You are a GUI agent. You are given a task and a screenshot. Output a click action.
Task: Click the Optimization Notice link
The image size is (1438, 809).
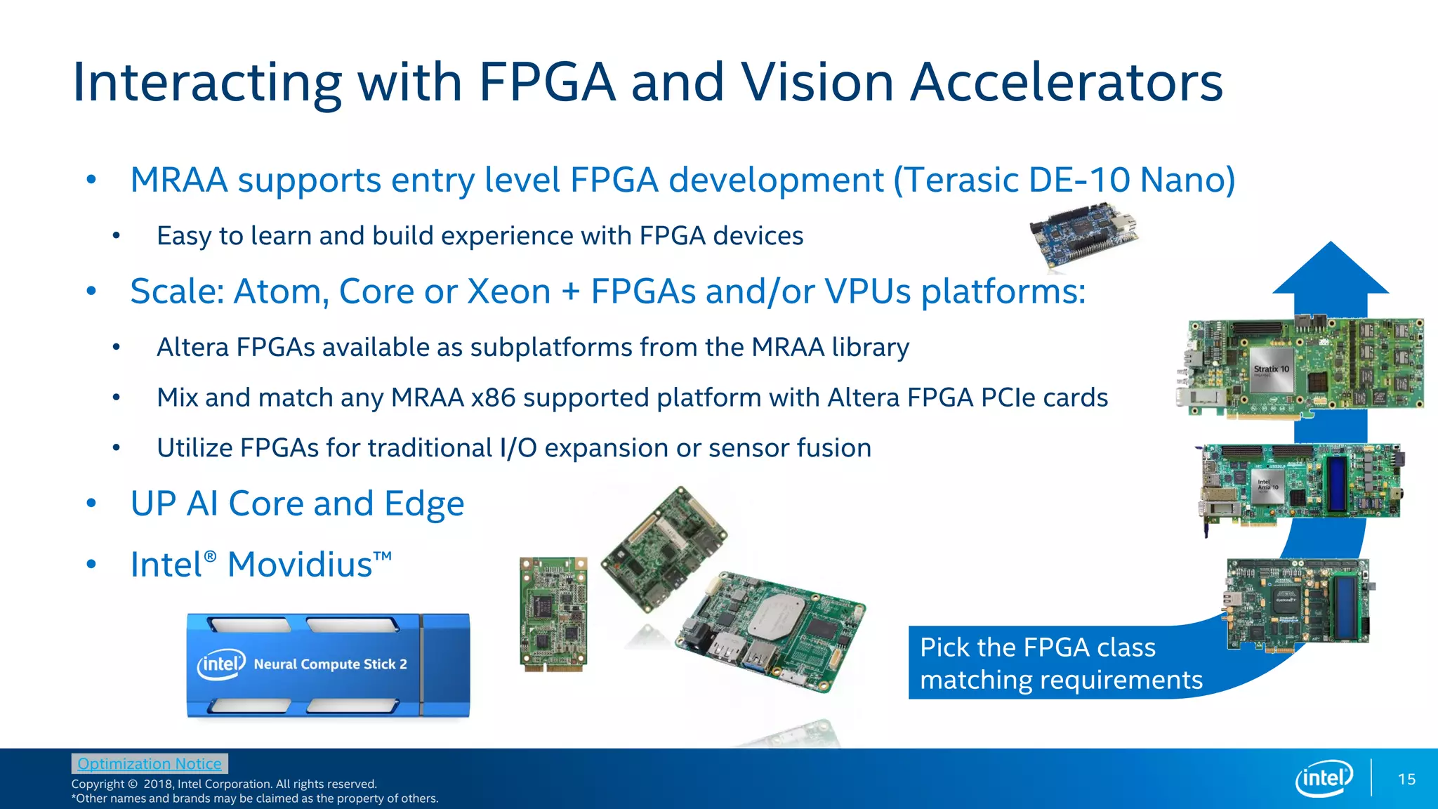tap(149, 763)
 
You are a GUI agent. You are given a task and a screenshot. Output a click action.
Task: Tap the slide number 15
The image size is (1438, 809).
tap(1406, 779)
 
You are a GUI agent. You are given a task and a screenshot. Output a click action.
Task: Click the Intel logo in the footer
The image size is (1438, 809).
tap(1324, 778)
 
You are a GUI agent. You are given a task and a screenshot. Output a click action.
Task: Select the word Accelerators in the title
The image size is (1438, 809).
tap(1066, 82)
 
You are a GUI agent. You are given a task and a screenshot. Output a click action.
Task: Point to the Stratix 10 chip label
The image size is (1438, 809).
tap(1272, 369)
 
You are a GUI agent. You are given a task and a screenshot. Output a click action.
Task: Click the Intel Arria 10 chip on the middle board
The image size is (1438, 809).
tap(1268, 485)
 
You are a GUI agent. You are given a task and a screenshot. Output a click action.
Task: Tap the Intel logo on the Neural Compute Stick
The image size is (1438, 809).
tap(221, 664)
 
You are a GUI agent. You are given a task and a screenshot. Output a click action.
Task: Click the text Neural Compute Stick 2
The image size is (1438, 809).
tap(330, 664)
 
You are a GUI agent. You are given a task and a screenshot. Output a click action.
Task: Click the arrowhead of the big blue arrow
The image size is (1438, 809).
tap(1331, 270)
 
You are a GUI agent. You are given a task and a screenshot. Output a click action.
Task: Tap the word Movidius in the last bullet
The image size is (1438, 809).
tap(300, 565)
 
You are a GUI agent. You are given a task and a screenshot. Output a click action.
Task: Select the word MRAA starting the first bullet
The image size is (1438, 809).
tap(179, 180)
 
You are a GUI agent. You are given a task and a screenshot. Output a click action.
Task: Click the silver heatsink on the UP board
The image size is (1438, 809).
tap(777, 614)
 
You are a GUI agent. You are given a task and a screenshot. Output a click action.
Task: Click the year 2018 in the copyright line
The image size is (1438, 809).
tap(157, 784)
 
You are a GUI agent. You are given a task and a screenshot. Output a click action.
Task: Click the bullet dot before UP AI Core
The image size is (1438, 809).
tap(91, 503)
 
